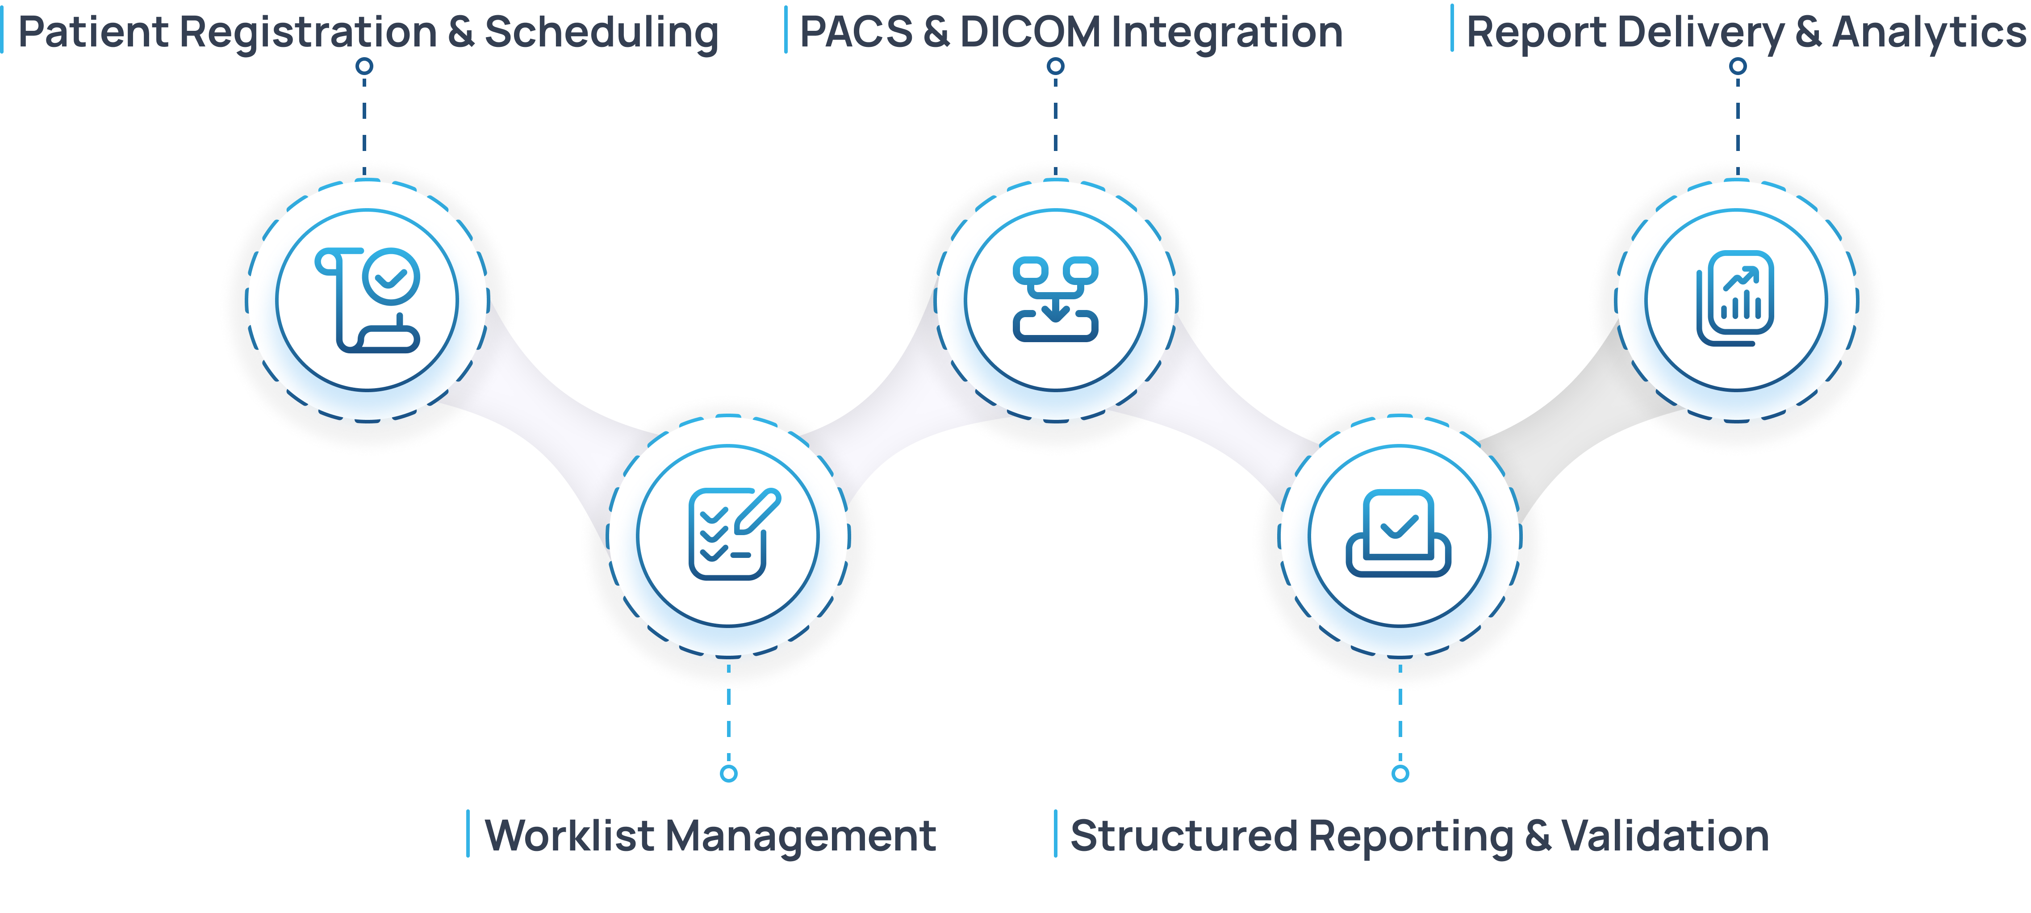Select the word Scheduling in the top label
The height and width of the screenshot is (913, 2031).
pyautogui.click(x=601, y=33)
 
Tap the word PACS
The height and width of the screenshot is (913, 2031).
pyautogui.click(x=856, y=33)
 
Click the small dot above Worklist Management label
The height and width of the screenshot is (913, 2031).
pyautogui.click(x=728, y=774)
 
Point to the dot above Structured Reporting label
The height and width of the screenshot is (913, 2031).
pyautogui.click(x=1400, y=774)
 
